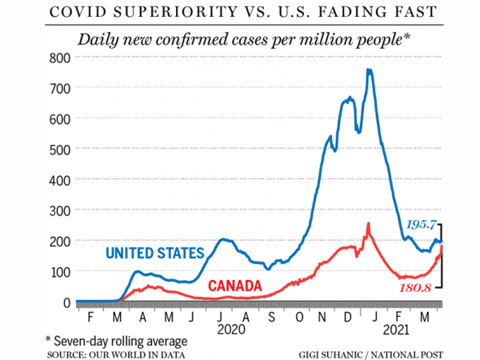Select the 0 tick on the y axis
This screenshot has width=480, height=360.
pos(67,302)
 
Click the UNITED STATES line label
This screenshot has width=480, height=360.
pos(155,254)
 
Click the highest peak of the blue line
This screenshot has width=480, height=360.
pos(369,70)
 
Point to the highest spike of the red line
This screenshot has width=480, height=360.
pos(369,223)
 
